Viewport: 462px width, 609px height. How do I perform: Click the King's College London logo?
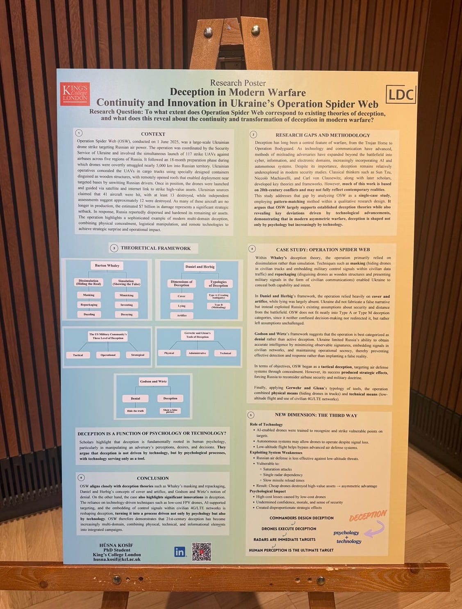(75, 94)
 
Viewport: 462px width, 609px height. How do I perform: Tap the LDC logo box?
(401, 95)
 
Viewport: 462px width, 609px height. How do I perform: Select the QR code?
(201, 552)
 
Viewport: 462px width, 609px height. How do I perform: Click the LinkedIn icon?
(180, 552)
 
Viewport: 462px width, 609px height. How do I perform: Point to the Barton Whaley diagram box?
(107, 265)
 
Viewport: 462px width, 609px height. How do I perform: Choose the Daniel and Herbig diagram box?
(200, 267)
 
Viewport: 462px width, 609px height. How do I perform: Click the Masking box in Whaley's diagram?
(89, 295)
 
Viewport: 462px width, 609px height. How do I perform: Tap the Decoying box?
(127, 314)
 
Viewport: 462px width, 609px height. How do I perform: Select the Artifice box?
(182, 315)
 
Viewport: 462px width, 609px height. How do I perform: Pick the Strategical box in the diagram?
(138, 355)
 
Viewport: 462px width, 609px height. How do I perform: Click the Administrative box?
(197, 353)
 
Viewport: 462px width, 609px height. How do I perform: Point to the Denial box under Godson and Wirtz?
(135, 398)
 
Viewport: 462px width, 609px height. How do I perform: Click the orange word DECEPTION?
(368, 516)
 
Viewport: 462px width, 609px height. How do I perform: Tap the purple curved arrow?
(376, 529)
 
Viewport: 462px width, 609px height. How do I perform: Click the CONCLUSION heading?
(152, 478)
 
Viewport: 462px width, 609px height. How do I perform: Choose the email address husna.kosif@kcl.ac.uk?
(117, 559)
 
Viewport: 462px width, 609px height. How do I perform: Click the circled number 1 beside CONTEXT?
(79, 133)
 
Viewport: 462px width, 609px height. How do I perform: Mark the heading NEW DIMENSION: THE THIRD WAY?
(316, 415)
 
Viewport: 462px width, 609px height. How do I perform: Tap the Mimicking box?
(126, 295)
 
